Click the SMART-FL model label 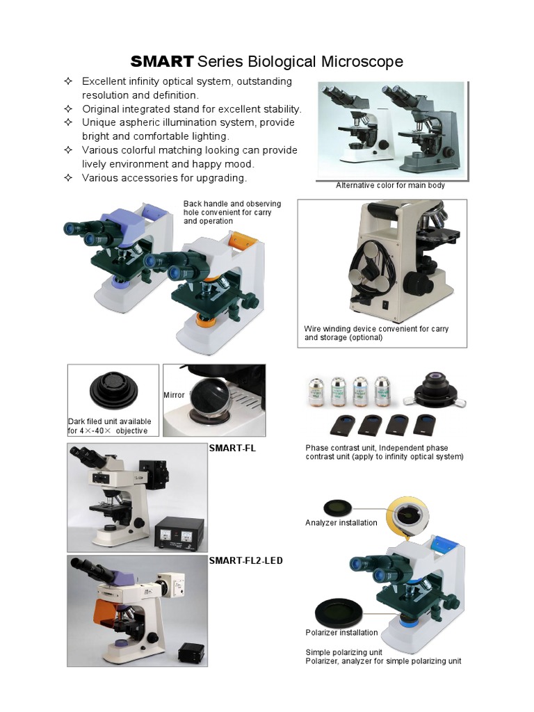(232, 448)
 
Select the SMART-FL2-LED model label (245, 560)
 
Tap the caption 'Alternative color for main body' (390, 186)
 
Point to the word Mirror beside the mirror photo (174, 395)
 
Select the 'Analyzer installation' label (341, 523)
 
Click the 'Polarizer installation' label (341, 633)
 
